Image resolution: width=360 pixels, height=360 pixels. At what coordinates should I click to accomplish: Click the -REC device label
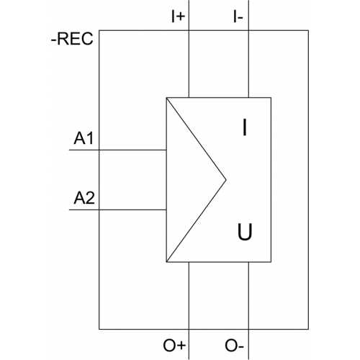click(72, 39)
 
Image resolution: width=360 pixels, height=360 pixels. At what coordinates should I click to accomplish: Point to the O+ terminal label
click(174, 346)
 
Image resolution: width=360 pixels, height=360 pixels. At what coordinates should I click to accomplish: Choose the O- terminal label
click(234, 346)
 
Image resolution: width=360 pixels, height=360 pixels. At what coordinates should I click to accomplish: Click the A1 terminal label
click(84, 138)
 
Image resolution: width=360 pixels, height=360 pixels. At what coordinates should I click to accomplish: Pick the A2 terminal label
click(84, 198)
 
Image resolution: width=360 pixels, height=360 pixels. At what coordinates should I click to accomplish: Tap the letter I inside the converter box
click(245, 127)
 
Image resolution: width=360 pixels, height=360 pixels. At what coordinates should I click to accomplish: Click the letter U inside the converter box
click(245, 232)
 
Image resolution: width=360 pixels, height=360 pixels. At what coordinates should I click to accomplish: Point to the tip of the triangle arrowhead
click(226, 179)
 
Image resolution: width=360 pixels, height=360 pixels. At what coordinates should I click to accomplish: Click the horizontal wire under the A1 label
click(118, 150)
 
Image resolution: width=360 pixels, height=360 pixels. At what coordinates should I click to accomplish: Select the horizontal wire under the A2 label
click(118, 210)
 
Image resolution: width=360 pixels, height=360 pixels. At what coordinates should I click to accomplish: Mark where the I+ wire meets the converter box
click(189, 98)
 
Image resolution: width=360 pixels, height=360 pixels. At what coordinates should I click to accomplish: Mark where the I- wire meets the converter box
click(248, 98)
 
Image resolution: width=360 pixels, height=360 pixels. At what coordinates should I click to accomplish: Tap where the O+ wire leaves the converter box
click(189, 262)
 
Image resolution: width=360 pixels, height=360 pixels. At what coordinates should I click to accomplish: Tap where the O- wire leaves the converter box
click(248, 262)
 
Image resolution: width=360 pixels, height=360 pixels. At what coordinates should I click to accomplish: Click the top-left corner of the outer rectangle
click(99, 30)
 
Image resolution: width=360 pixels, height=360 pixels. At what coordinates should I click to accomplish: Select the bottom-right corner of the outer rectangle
click(308, 329)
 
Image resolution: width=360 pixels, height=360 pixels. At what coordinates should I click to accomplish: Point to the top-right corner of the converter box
click(271, 98)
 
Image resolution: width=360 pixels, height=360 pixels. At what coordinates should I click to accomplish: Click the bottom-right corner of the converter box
click(271, 262)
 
